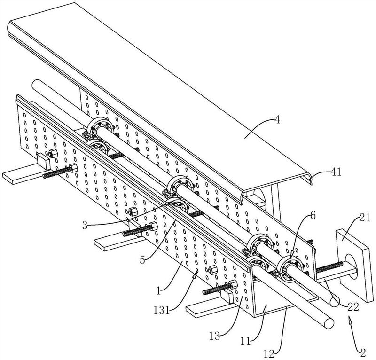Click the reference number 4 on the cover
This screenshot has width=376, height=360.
277,119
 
